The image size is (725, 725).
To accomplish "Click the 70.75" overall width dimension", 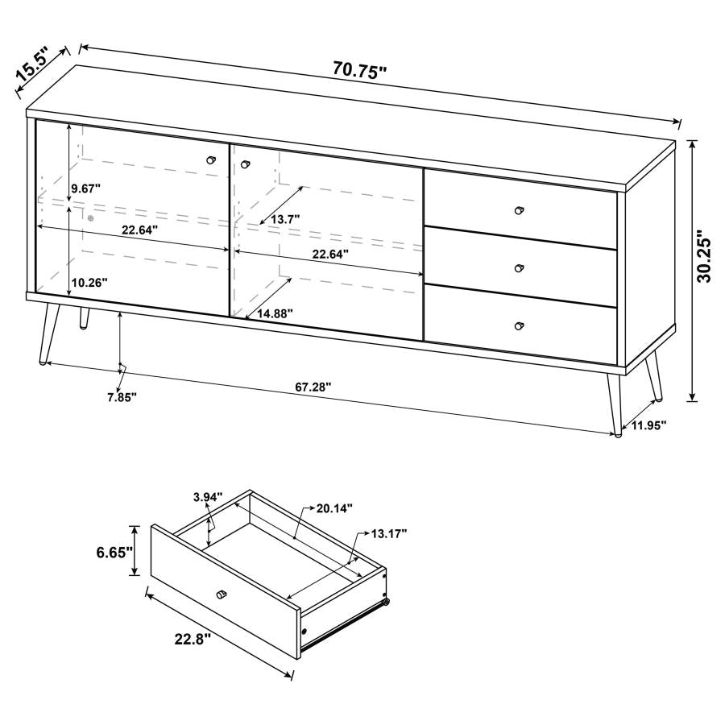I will click(x=360, y=69).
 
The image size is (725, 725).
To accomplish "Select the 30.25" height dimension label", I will click(x=706, y=257).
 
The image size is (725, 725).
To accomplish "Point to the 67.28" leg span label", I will click(x=313, y=387).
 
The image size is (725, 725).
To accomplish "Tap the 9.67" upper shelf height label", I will click(x=85, y=188).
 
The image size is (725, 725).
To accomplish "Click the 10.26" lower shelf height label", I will click(x=89, y=283).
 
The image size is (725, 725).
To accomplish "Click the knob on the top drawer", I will click(x=519, y=209).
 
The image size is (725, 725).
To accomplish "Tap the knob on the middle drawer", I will click(x=519, y=267).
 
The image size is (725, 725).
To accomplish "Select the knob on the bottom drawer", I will click(x=519, y=325).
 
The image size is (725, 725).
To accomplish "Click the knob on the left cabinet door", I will click(x=212, y=159).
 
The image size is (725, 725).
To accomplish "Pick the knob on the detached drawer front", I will click(x=221, y=594).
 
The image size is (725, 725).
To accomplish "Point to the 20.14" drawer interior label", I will click(x=334, y=508).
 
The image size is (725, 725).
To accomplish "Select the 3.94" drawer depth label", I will click(x=207, y=497).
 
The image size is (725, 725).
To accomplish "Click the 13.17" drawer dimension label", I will click(x=389, y=533).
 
